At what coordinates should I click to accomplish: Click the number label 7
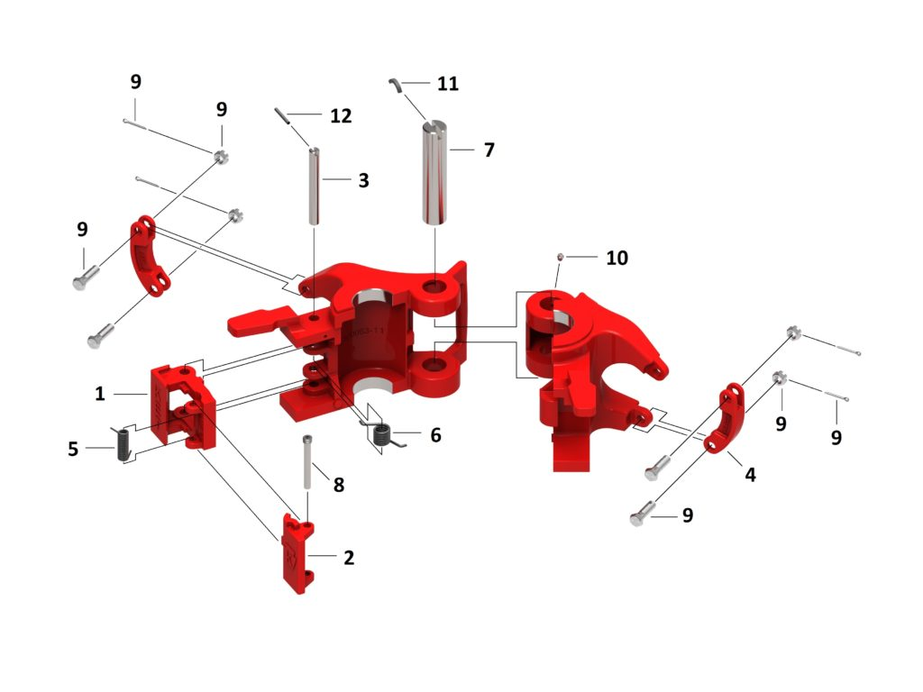coord(489,150)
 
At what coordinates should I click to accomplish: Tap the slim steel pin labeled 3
coord(315,187)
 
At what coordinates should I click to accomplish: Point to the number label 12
coord(341,116)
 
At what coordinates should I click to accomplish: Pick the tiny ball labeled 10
coord(560,258)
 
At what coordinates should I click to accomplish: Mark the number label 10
coord(617,258)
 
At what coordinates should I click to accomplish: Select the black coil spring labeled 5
coord(123,442)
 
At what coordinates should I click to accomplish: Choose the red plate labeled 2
coord(297,552)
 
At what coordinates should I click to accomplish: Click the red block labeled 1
coord(182,405)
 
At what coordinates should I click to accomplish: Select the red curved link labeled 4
coord(728,420)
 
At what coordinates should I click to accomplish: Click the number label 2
coord(349,558)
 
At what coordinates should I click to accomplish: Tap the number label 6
coord(435,435)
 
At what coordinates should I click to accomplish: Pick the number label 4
coord(750,474)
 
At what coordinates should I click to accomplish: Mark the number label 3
coord(363,180)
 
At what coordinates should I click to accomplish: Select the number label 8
coord(338,485)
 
